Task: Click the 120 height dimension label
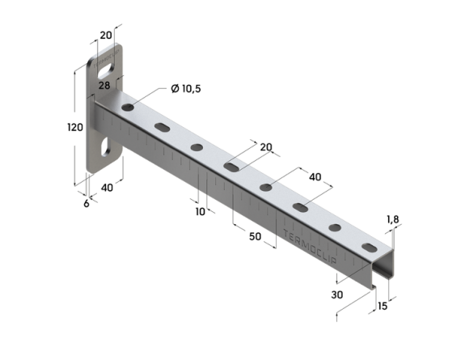tap(75, 127)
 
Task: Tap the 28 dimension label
tap(104, 86)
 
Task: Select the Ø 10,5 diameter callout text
tap(186, 88)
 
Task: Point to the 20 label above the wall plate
tap(106, 36)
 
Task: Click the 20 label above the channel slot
tap(266, 147)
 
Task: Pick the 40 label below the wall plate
tap(107, 188)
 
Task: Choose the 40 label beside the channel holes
tap(315, 177)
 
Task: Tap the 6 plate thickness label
tap(87, 204)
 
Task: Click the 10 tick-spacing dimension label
tap(201, 211)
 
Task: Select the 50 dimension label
tap(255, 236)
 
